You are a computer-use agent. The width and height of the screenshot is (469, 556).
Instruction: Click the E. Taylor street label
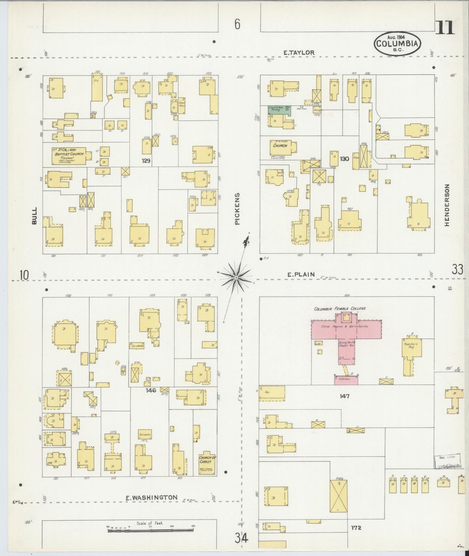[x=299, y=53]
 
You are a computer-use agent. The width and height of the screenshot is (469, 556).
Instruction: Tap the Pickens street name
[x=238, y=209]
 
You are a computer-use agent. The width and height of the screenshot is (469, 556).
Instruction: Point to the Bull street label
[x=34, y=216]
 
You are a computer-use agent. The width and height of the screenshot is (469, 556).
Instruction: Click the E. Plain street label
[x=301, y=274]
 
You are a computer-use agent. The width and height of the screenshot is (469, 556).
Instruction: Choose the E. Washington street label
[x=152, y=497]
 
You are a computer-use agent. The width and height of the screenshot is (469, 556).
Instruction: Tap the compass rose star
[x=236, y=278]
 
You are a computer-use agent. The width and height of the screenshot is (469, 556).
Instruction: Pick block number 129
[x=146, y=160]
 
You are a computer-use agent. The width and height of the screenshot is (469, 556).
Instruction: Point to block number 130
[x=344, y=159]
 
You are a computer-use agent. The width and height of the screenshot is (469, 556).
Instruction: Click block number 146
[x=151, y=390]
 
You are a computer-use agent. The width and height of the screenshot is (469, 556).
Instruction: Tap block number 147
[x=344, y=396]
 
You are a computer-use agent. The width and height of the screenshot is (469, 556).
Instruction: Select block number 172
[x=356, y=527]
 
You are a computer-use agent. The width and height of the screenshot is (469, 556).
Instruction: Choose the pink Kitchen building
[x=346, y=380]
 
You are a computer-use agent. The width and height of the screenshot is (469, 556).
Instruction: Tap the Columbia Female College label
[x=339, y=308]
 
